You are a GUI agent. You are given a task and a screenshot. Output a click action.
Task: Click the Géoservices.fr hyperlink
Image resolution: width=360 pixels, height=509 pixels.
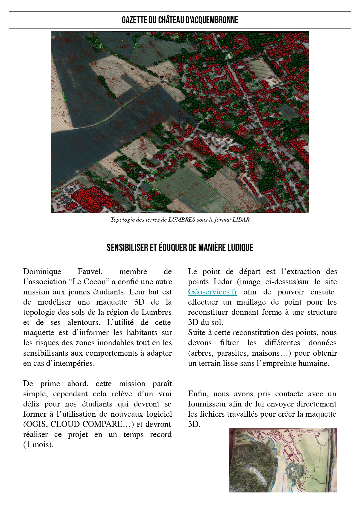pos(213,292)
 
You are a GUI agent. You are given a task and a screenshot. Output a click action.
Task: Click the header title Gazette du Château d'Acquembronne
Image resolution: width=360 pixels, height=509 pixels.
pos(180,20)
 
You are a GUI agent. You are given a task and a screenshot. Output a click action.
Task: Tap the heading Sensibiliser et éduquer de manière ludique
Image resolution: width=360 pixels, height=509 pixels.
pos(180,247)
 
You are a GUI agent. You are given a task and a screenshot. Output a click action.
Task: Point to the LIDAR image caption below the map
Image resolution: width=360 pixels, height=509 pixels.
pos(180,220)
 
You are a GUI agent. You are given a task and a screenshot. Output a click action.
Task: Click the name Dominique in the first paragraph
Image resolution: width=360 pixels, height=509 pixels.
pos(42,271)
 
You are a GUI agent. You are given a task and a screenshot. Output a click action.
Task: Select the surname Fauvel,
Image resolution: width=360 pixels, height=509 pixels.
pos(90,271)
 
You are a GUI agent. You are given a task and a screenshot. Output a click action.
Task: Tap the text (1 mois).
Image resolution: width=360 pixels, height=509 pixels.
pos(38,445)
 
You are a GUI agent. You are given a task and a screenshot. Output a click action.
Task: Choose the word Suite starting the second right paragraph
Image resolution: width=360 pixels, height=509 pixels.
pos(197,332)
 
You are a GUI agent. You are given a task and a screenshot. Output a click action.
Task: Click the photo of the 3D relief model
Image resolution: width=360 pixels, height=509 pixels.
pos(283,460)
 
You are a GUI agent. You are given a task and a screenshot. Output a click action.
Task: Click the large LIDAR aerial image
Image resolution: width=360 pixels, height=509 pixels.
pos(180,122)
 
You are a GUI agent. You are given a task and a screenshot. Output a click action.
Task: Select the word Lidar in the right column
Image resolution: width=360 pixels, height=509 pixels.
pos(223,282)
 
